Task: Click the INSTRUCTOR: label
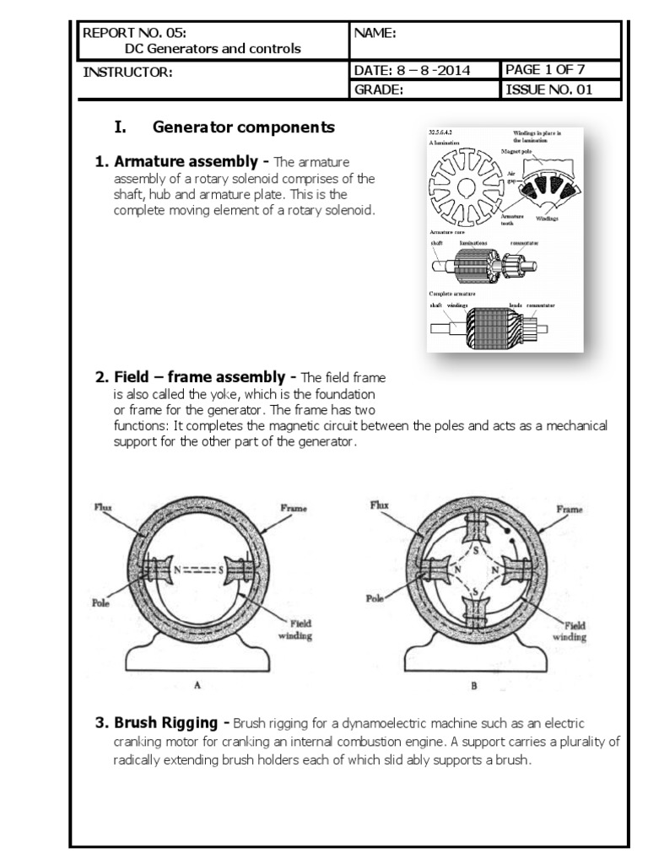click(x=127, y=73)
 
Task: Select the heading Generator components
click(x=244, y=128)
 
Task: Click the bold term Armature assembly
click(x=181, y=161)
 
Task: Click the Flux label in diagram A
click(x=102, y=507)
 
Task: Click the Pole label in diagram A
click(x=102, y=604)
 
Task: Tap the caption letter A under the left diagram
click(x=197, y=686)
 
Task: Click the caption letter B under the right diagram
click(x=473, y=686)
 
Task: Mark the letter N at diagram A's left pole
click(x=177, y=570)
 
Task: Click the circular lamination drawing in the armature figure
click(x=465, y=186)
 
